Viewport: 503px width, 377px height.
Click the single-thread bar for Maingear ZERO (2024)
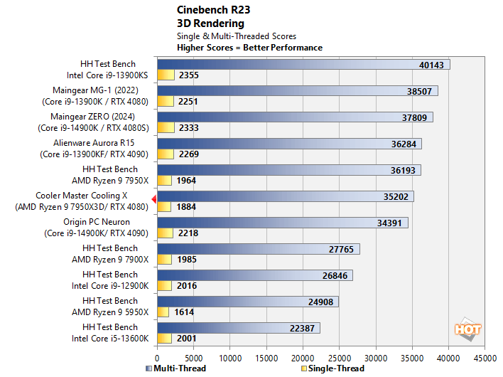click(165, 127)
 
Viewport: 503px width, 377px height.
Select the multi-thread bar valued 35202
click(284, 196)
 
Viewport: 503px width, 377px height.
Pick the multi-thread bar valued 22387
click(238, 328)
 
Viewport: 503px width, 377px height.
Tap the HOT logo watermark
click(467, 329)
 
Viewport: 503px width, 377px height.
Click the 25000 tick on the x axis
click(339, 357)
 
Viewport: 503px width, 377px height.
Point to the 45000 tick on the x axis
click(485, 357)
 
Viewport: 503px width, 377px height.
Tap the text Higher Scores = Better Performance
click(249, 48)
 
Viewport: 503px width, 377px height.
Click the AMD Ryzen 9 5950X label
click(110, 312)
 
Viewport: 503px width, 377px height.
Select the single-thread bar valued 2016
click(165, 285)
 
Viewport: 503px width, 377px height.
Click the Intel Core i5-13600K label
click(110, 338)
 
